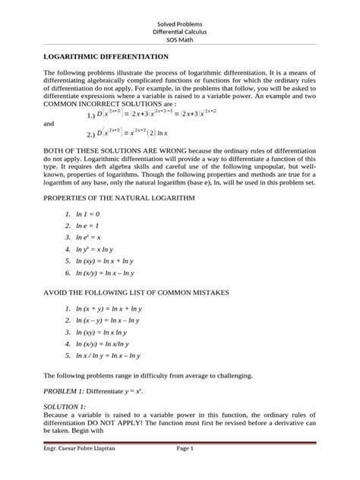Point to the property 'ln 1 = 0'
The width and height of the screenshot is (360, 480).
[x=95, y=215]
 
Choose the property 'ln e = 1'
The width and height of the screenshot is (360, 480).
[x=95, y=226]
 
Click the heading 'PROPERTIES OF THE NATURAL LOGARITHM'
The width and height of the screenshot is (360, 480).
[x=120, y=197]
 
